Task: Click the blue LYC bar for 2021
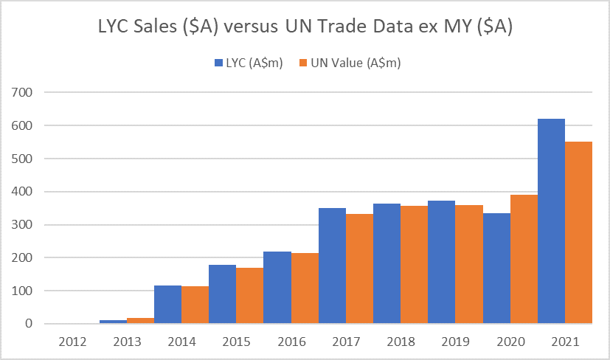click(x=552, y=221)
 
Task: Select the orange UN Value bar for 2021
click(x=579, y=232)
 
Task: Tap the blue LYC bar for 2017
click(x=332, y=266)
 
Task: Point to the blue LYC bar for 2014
click(x=167, y=305)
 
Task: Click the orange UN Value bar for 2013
click(x=140, y=320)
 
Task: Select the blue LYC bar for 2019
click(x=442, y=262)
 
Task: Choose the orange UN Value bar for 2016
click(x=305, y=288)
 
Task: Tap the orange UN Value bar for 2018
click(x=415, y=265)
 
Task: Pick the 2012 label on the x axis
click(x=72, y=342)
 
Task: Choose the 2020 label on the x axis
click(x=510, y=342)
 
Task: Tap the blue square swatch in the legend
click(x=219, y=63)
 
